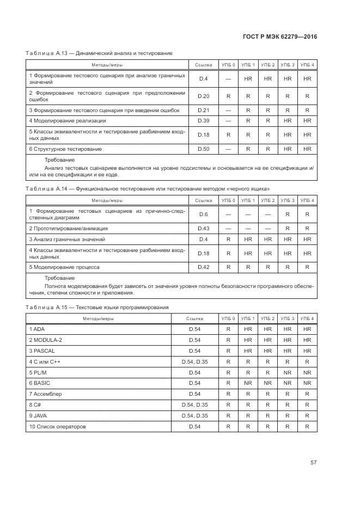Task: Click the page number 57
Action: click(x=313, y=463)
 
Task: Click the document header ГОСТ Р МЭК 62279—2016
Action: click(x=280, y=36)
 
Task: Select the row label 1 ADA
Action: click(x=37, y=329)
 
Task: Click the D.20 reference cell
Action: click(x=204, y=96)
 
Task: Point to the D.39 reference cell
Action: click(x=204, y=120)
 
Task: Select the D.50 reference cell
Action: click(x=204, y=149)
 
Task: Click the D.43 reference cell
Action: click(x=204, y=228)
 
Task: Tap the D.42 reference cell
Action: click(x=204, y=267)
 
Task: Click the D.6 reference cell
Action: click(x=204, y=214)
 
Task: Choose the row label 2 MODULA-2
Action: click(x=46, y=340)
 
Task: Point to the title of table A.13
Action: click(x=99, y=53)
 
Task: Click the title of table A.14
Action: click(x=148, y=188)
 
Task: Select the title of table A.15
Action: click(x=97, y=307)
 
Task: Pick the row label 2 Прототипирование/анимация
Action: click(x=68, y=228)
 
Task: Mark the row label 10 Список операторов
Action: click(x=57, y=427)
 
